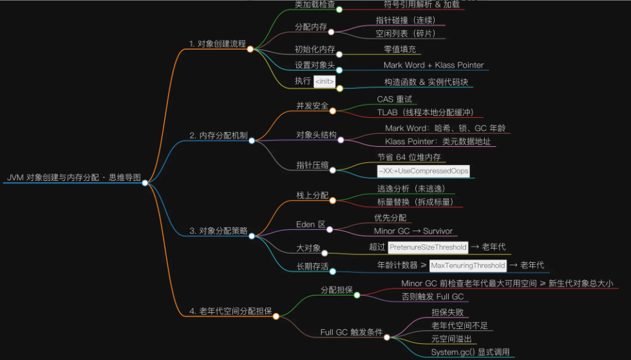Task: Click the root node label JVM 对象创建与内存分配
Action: [x=73, y=177]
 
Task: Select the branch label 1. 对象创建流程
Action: [x=217, y=44]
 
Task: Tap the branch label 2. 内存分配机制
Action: [x=218, y=135]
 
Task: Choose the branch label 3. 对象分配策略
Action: [x=218, y=231]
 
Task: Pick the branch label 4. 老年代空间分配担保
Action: [x=230, y=311]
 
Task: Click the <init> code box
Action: [x=325, y=82]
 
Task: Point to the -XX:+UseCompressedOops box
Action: [x=423, y=171]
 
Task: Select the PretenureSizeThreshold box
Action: [x=428, y=247]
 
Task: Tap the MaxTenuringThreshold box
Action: [x=467, y=265]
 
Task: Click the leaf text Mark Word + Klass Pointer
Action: [x=433, y=65]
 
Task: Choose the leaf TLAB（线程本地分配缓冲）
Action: [x=422, y=112]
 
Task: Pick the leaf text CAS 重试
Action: [x=395, y=99]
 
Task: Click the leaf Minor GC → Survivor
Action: [x=413, y=231]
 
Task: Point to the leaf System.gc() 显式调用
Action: [x=470, y=352]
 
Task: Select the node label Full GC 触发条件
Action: [x=351, y=332]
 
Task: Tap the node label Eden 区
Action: [x=310, y=224]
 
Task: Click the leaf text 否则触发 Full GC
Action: [x=432, y=297]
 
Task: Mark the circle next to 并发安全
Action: [x=333, y=111]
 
